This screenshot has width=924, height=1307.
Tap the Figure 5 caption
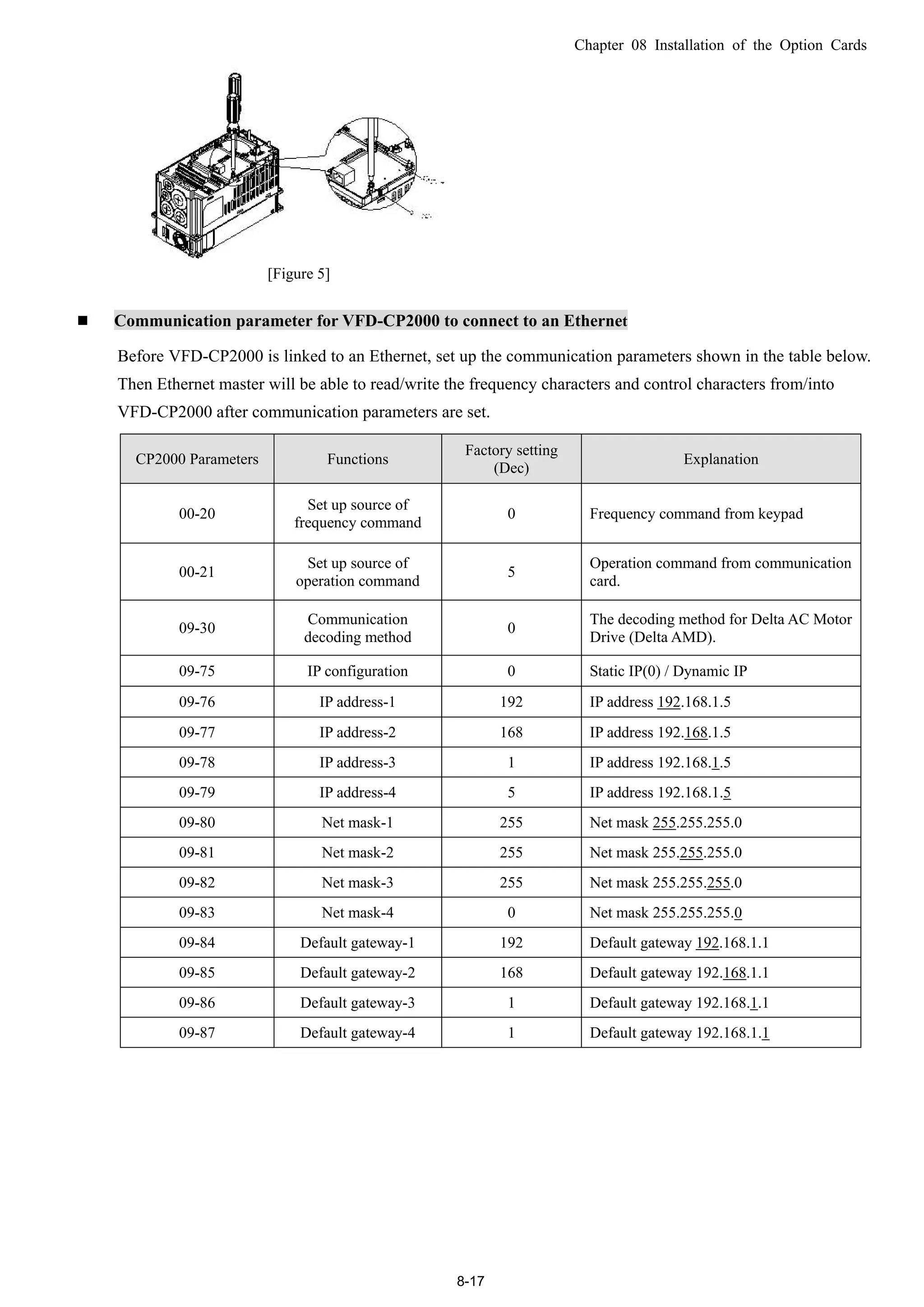point(298,274)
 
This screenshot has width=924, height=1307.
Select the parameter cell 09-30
point(197,628)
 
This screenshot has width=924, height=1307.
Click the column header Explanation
point(721,459)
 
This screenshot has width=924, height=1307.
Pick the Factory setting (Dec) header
point(511,459)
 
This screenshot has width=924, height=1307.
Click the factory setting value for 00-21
point(511,572)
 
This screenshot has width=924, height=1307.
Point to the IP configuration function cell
point(357,671)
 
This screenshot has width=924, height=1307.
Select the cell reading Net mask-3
point(357,882)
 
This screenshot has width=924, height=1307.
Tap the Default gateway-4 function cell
point(357,1033)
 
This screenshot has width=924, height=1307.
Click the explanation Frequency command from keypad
point(696,514)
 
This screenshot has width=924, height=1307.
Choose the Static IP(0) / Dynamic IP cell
point(668,671)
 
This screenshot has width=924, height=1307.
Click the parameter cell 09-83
point(197,913)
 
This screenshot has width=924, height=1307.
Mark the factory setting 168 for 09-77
point(511,732)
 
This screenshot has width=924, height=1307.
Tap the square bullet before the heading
point(83,321)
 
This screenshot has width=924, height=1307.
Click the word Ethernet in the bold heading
point(596,321)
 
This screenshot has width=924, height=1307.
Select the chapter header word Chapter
point(598,46)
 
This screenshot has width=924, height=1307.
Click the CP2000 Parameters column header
point(197,459)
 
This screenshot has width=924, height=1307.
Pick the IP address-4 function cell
point(357,792)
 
